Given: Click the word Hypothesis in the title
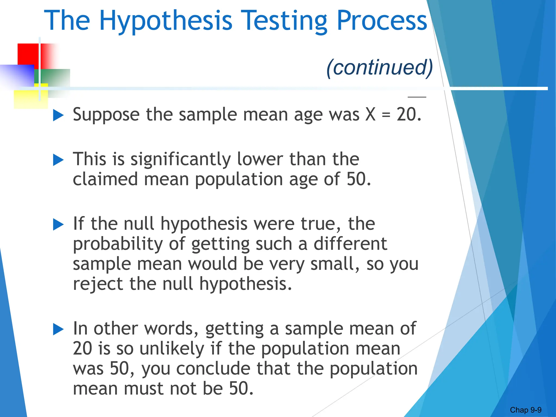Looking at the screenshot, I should click(x=166, y=21).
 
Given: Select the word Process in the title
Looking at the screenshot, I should click(x=382, y=21).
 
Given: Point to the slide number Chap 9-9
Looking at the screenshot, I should click(x=526, y=410).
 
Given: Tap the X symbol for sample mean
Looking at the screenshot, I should click(x=370, y=114).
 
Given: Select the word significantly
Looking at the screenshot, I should click(x=181, y=160).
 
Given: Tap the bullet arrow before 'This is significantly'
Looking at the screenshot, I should click(x=58, y=160).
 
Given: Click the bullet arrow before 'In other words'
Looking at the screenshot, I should click(x=58, y=329).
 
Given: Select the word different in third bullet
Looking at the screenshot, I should click(x=350, y=244).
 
